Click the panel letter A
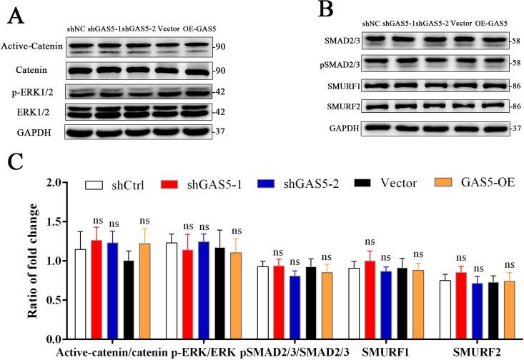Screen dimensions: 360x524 15,14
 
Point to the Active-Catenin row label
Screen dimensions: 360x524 32,48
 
